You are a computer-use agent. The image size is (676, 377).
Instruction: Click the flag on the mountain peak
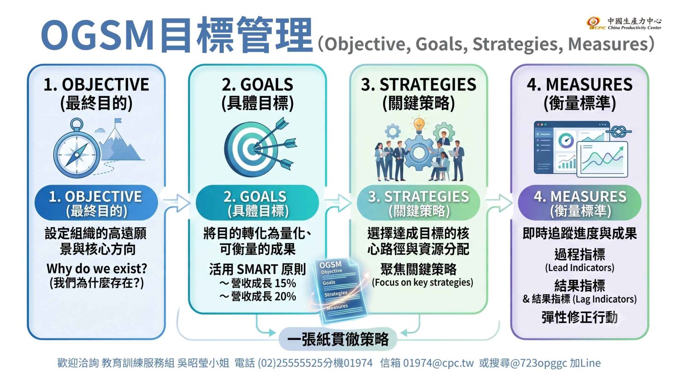[x=118, y=121]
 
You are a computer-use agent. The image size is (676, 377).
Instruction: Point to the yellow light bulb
[x=419, y=125]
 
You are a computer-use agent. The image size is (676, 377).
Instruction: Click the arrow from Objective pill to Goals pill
[x=177, y=202]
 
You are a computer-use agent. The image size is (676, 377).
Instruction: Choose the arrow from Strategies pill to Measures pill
[x=499, y=202]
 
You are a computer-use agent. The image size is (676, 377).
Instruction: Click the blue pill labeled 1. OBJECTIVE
[x=96, y=203]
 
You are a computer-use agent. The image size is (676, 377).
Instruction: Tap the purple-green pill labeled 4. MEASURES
[x=580, y=203]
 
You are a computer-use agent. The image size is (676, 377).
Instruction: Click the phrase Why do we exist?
[x=97, y=269]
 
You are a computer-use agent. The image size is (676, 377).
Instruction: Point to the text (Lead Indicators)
[x=579, y=268]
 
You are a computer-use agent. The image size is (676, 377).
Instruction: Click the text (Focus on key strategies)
[x=422, y=282]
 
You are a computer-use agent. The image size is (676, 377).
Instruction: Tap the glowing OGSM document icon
[x=340, y=290]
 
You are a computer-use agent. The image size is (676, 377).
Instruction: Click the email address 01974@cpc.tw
[x=438, y=363]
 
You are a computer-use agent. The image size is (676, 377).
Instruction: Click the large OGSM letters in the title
[x=98, y=35]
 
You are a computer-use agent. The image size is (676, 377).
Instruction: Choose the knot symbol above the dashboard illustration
[x=619, y=131]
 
